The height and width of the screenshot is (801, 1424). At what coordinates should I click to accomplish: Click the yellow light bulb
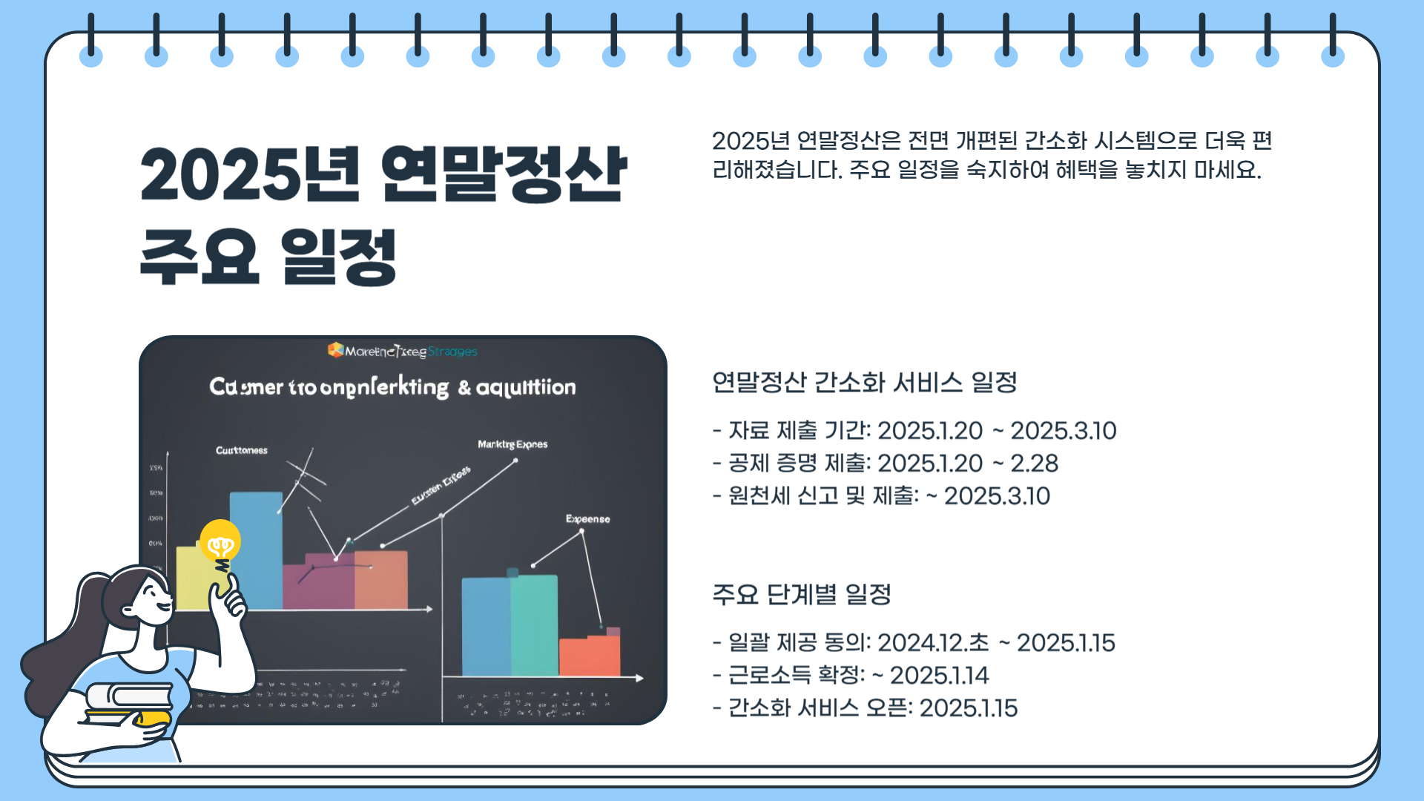[220, 542]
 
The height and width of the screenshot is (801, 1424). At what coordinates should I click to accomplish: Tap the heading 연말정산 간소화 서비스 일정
[864, 383]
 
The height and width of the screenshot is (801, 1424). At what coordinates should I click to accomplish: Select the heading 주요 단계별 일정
[801, 594]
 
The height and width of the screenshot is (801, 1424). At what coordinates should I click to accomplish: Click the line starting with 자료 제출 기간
[914, 431]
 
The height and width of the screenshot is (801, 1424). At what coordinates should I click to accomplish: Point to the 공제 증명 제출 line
[886, 464]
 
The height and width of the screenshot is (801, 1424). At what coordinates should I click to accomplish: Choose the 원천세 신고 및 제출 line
[881, 496]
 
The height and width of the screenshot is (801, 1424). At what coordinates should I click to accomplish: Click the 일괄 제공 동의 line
[914, 643]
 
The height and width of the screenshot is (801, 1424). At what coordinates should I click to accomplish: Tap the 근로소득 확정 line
[851, 676]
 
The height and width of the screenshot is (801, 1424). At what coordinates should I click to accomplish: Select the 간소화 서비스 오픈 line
[865, 708]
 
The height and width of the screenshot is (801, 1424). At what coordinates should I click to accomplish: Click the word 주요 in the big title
[199, 257]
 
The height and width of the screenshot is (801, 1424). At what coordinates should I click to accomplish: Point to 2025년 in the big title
[249, 175]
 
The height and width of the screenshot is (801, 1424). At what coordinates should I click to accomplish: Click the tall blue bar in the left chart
[256, 549]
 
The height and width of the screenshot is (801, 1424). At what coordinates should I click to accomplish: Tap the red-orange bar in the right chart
[590, 656]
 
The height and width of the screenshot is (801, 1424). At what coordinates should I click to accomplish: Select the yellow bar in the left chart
[191, 578]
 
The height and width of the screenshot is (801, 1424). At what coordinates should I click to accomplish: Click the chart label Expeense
[587, 519]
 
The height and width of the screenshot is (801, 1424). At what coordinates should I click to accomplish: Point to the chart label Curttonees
[241, 450]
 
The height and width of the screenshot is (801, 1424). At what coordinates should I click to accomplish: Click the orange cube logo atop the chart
[335, 350]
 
